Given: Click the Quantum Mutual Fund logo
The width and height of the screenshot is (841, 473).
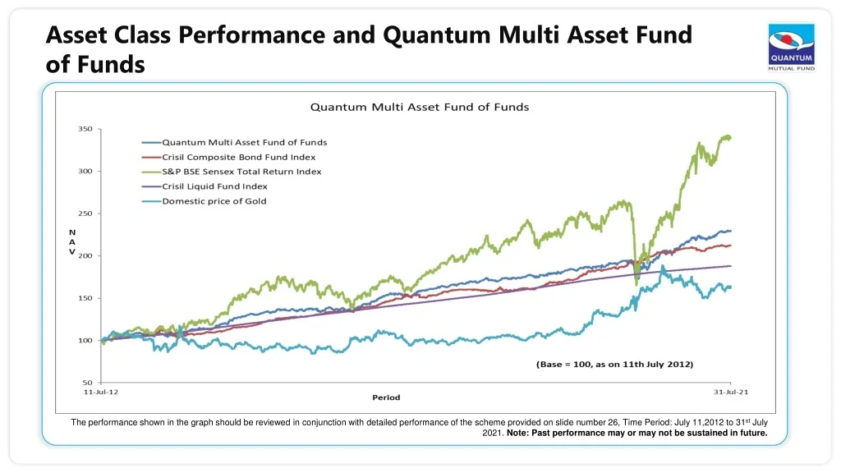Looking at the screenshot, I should pos(791,46).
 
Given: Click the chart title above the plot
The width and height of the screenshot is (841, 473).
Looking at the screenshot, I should pos(419,107).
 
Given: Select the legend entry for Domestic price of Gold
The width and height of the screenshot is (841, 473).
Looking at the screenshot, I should pos(214,201).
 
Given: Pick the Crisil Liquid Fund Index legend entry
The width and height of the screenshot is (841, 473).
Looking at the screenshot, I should pos(214,186).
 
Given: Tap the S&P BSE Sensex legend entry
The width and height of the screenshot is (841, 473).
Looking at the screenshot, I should pos(241,172).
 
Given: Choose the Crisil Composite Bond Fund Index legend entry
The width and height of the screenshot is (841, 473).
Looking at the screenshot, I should pos(238,157).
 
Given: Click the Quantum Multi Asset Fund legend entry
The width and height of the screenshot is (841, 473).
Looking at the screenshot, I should pos(244,142).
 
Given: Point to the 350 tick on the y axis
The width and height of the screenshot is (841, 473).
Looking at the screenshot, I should pos(85,129).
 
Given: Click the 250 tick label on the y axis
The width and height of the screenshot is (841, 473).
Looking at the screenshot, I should pos(85,214).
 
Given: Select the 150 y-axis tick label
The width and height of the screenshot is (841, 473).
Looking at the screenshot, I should pos(85,298).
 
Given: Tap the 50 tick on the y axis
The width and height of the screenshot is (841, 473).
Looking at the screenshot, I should pos(87,383).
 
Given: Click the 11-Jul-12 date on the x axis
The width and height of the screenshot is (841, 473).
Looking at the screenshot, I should pos(102,393).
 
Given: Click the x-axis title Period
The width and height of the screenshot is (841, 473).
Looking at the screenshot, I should pos(386,398).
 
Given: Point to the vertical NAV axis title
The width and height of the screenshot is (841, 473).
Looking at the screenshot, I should pos(71,242).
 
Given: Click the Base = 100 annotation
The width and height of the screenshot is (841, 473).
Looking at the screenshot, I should pos(615,363).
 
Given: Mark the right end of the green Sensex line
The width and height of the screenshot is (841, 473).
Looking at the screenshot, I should pos(730,138).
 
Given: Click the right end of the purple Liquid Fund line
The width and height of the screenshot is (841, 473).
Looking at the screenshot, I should pos(730,266).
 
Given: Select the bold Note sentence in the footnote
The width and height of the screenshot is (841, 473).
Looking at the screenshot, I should pos(637,434).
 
